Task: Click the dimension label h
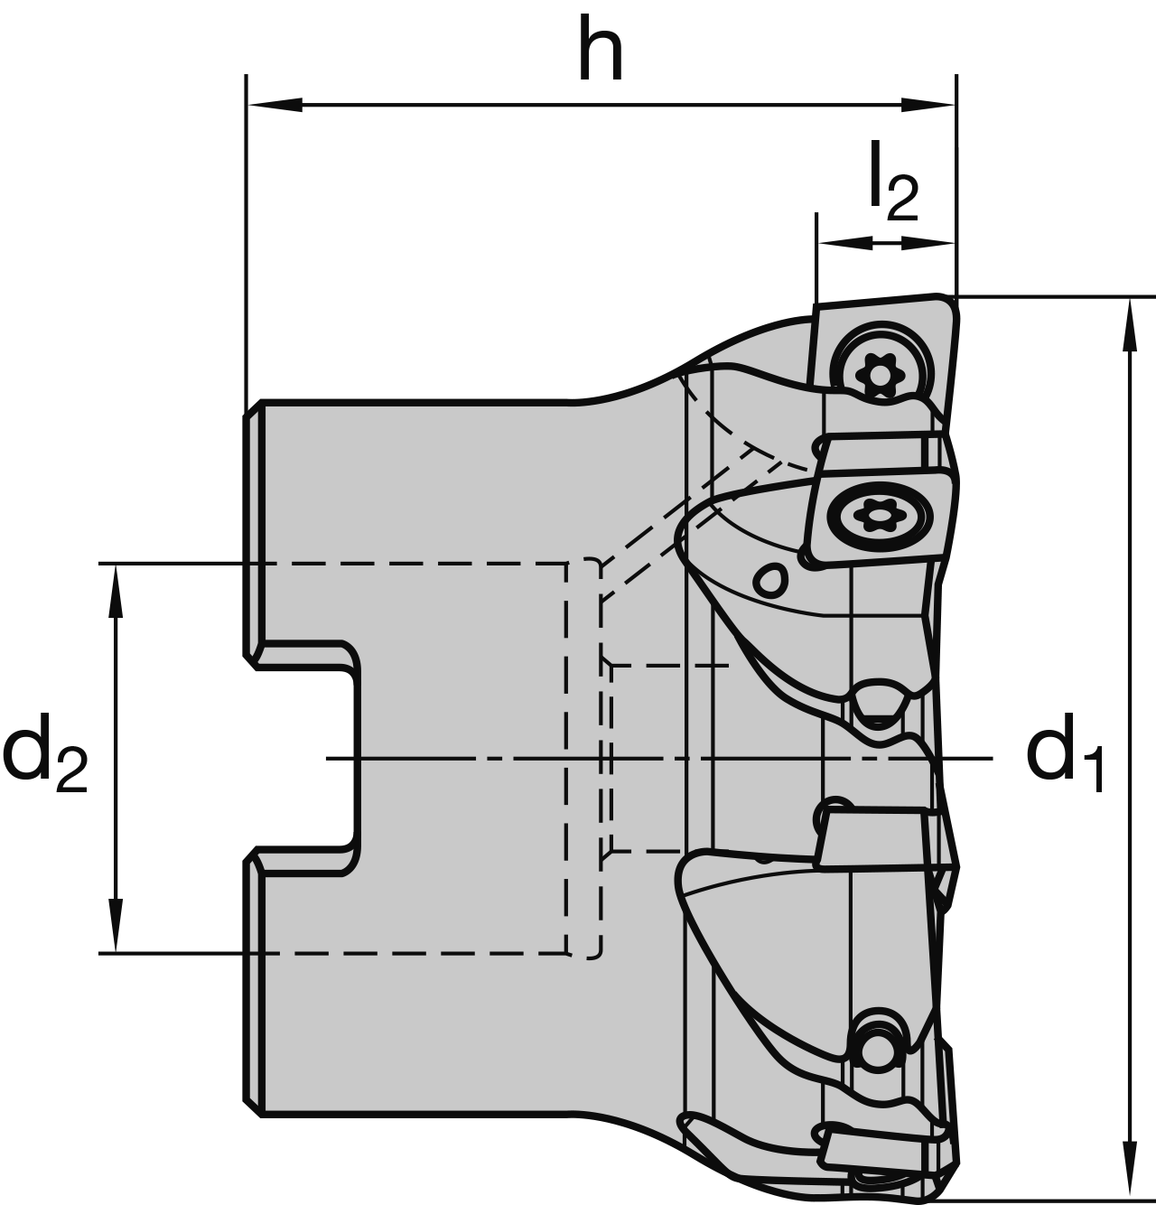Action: coord(601,50)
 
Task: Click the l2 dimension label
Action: coord(892,184)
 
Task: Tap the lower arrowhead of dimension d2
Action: coord(116,926)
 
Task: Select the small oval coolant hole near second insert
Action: coord(770,581)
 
